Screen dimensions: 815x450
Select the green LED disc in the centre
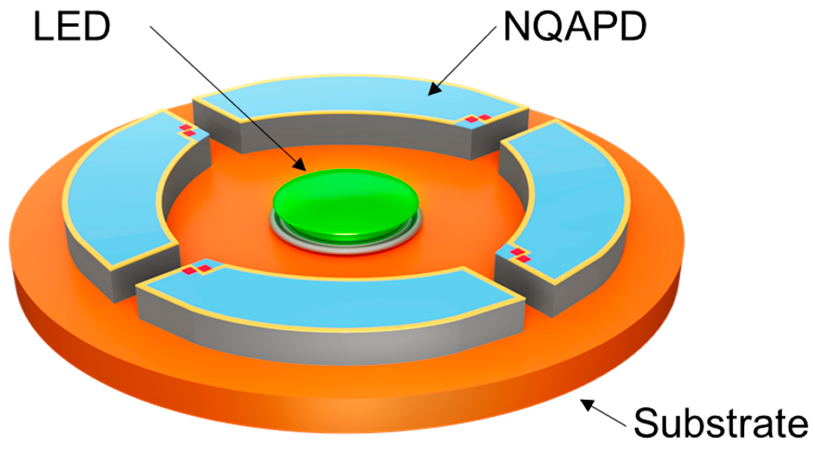click(346, 202)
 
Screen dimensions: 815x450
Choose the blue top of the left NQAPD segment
click(117, 196)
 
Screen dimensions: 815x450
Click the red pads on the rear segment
click(478, 118)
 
